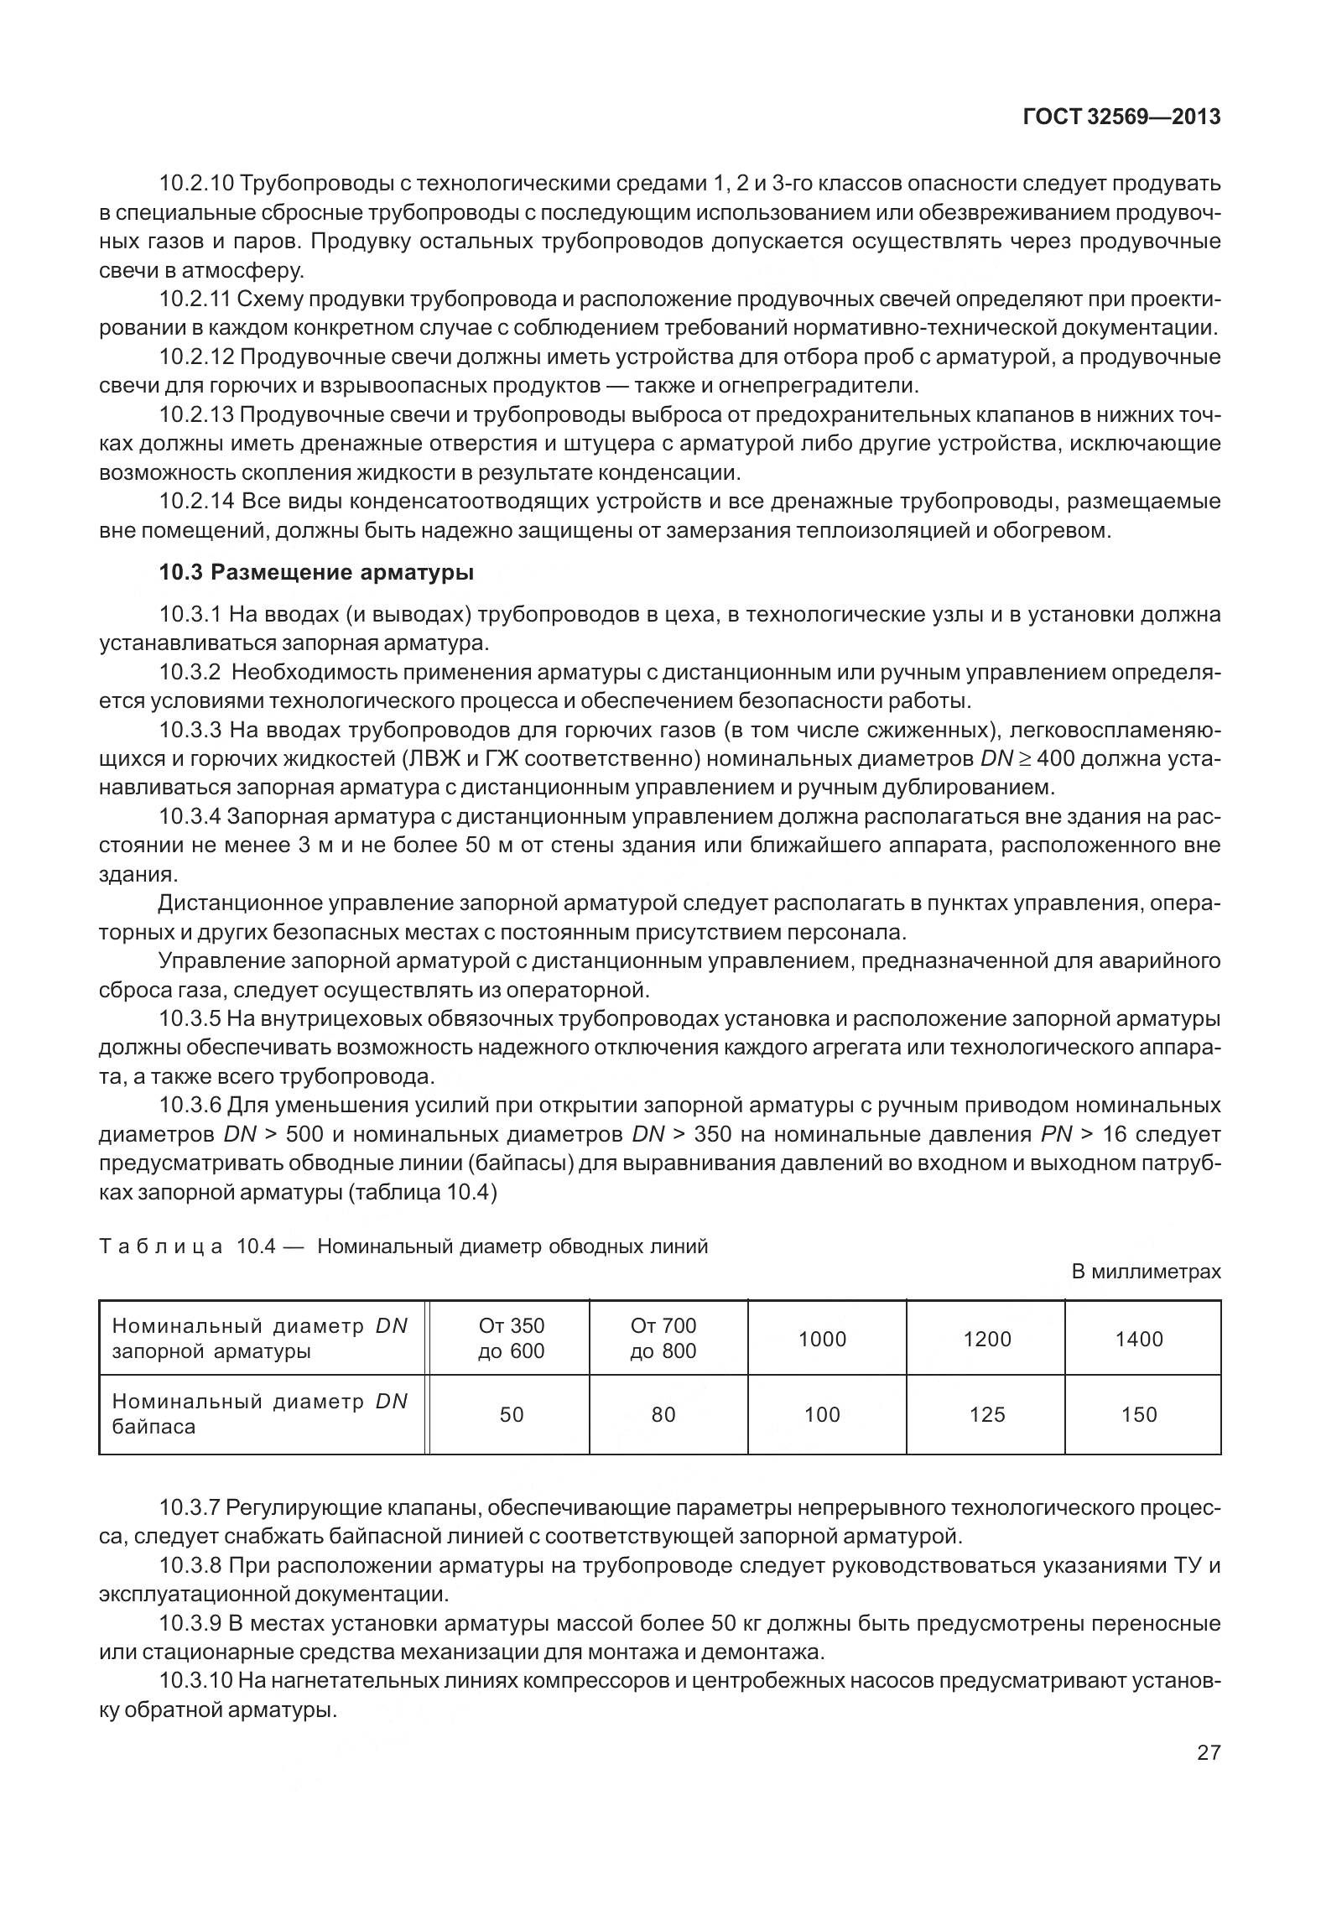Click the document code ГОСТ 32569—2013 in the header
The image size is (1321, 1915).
(1121, 117)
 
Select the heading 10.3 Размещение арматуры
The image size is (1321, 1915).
(316, 573)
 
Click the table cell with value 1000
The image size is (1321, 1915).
(822, 1339)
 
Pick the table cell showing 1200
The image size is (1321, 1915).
(986, 1339)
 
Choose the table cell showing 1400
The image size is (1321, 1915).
(1138, 1339)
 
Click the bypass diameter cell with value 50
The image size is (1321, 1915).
(511, 1414)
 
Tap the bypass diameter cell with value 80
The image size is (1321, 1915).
(663, 1414)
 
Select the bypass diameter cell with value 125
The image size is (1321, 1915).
(986, 1414)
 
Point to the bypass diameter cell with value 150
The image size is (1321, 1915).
(1138, 1414)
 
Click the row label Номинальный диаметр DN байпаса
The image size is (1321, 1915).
(260, 1414)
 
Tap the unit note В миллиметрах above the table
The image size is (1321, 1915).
(1146, 1272)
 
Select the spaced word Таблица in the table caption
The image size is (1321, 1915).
(160, 1246)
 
